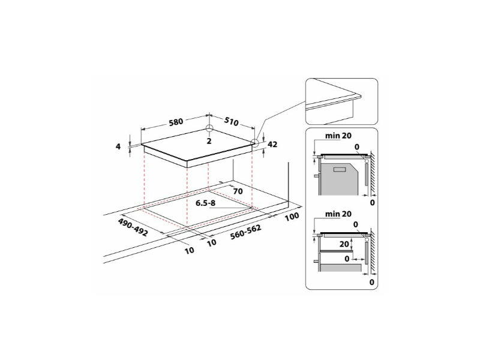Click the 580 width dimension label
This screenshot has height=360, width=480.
[x=175, y=122]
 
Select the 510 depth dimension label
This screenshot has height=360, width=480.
[x=231, y=122]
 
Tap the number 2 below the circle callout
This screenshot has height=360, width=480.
[x=209, y=141]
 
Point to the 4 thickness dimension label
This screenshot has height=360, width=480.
[x=119, y=146]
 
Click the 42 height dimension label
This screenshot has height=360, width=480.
[x=273, y=144]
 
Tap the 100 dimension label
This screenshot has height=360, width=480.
[x=292, y=216]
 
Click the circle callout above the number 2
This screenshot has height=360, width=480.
[x=209, y=128]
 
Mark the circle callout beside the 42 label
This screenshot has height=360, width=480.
[x=255, y=143]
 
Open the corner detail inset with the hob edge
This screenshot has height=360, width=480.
[x=341, y=100]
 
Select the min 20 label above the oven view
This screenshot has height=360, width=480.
[x=338, y=136]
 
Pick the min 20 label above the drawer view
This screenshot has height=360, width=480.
[x=338, y=214]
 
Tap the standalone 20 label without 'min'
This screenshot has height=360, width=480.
[x=343, y=245]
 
